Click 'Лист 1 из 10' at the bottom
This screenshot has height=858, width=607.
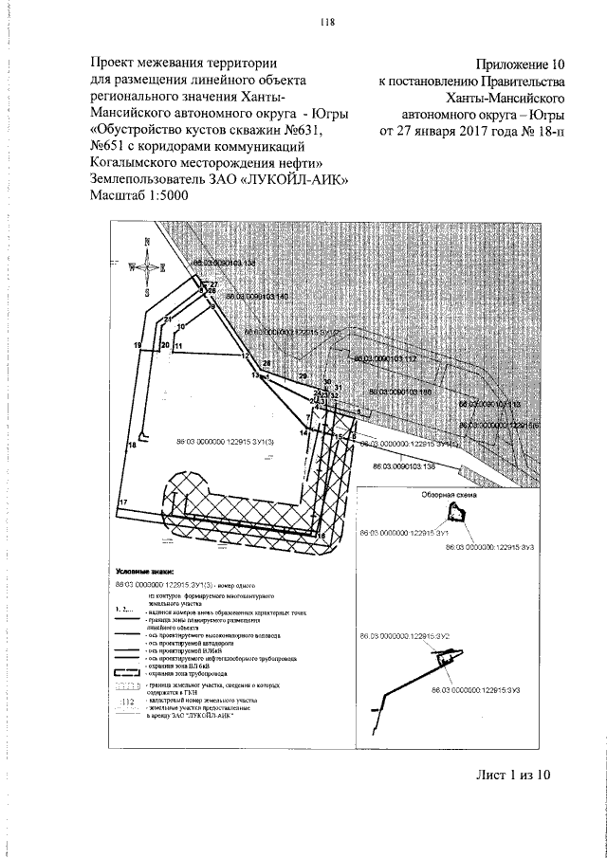[x=512, y=776]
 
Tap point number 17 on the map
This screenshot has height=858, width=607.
[x=122, y=501]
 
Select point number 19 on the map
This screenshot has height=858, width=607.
[x=138, y=344]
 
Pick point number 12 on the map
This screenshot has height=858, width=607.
[x=245, y=355]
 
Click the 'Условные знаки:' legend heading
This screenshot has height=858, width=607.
[x=145, y=572]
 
